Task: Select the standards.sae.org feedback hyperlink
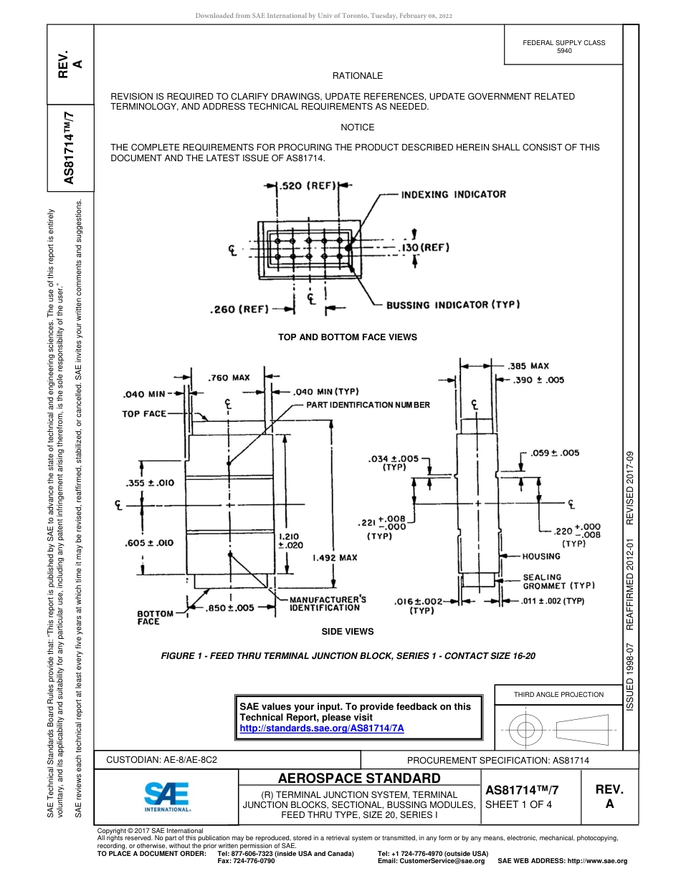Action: point(322,728)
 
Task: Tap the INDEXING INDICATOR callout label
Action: point(453,194)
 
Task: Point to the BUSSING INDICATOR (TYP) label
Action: point(453,304)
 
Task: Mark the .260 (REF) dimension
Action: point(239,309)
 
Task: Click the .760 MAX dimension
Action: point(229,377)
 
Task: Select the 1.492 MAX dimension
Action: point(335,557)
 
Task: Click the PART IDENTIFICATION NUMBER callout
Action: point(368,405)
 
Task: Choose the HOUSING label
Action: point(541,557)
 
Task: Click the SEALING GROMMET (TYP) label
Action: point(558,581)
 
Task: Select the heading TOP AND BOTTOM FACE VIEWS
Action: point(347,337)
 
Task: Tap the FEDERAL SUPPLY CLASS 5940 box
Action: point(563,47)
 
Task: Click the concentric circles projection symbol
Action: point(526,731)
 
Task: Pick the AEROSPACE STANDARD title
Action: point(358,778)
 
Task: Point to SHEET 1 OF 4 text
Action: point(518,804)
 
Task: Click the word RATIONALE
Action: point(357,76)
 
